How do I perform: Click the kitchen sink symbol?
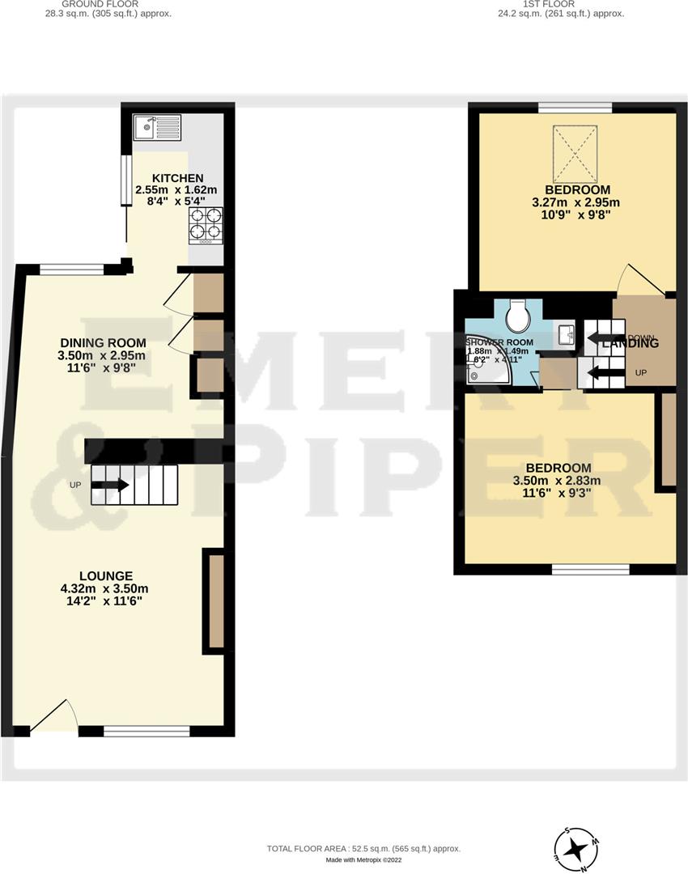157,126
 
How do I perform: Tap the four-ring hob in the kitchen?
206,225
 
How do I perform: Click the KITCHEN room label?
176,178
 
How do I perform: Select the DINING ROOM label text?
102,342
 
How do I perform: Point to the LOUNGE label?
101,576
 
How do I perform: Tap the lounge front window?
147,731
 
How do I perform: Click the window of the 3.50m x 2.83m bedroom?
590,570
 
